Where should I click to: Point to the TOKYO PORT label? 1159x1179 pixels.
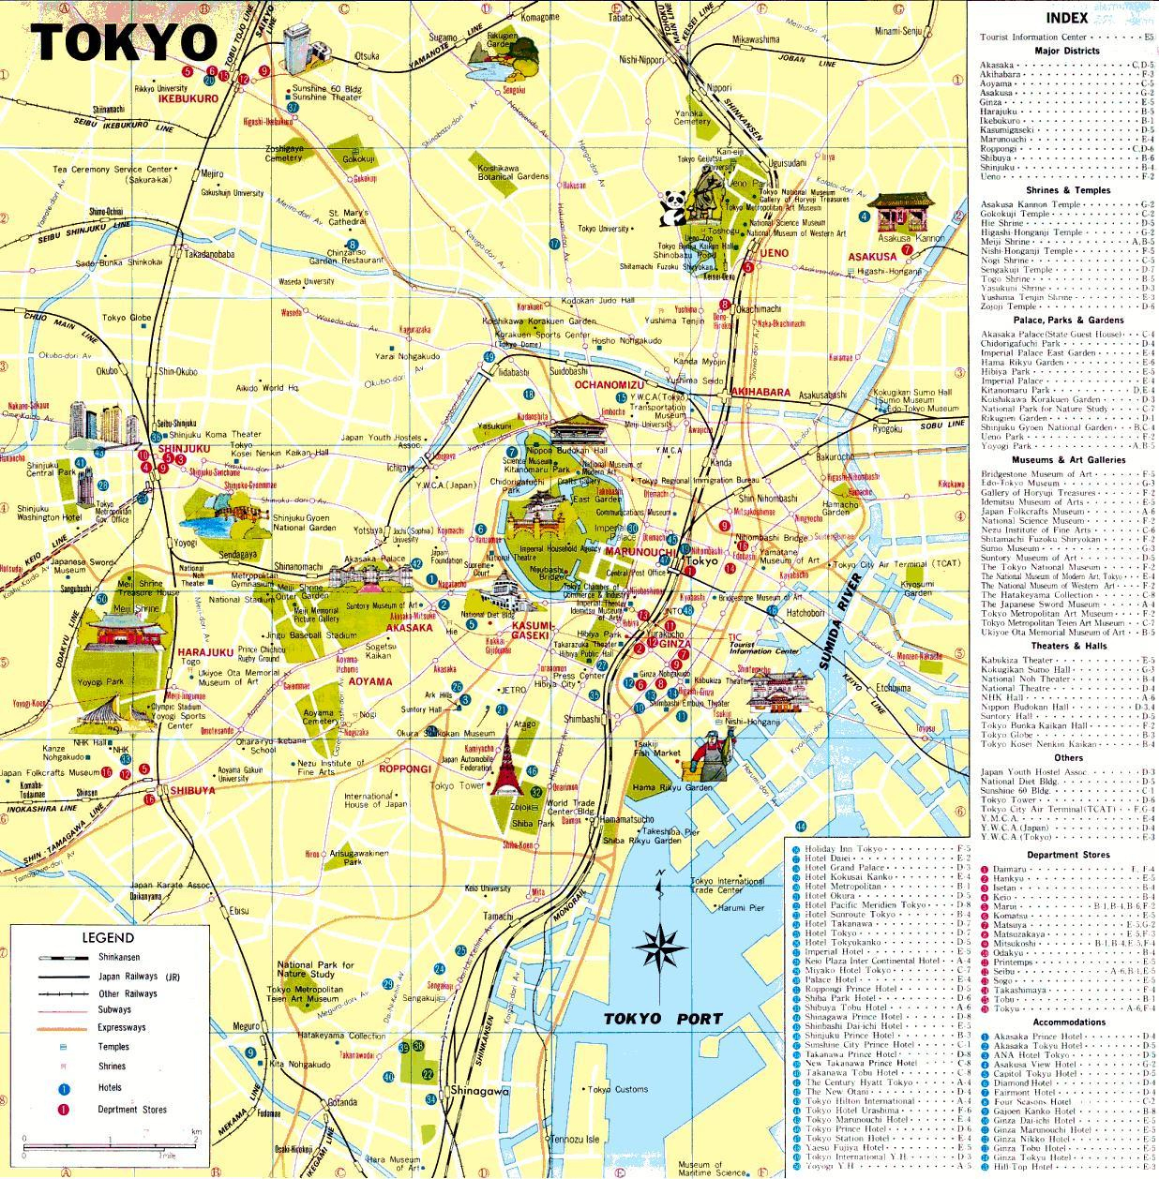[663, 1019]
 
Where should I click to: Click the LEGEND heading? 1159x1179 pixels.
[108, 937]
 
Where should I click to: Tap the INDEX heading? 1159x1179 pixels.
[1068, 17]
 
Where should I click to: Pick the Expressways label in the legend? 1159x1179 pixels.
[122, 1027]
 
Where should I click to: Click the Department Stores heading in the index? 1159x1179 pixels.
[1067, 855]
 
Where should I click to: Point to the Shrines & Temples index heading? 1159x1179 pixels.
[1068, 190]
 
